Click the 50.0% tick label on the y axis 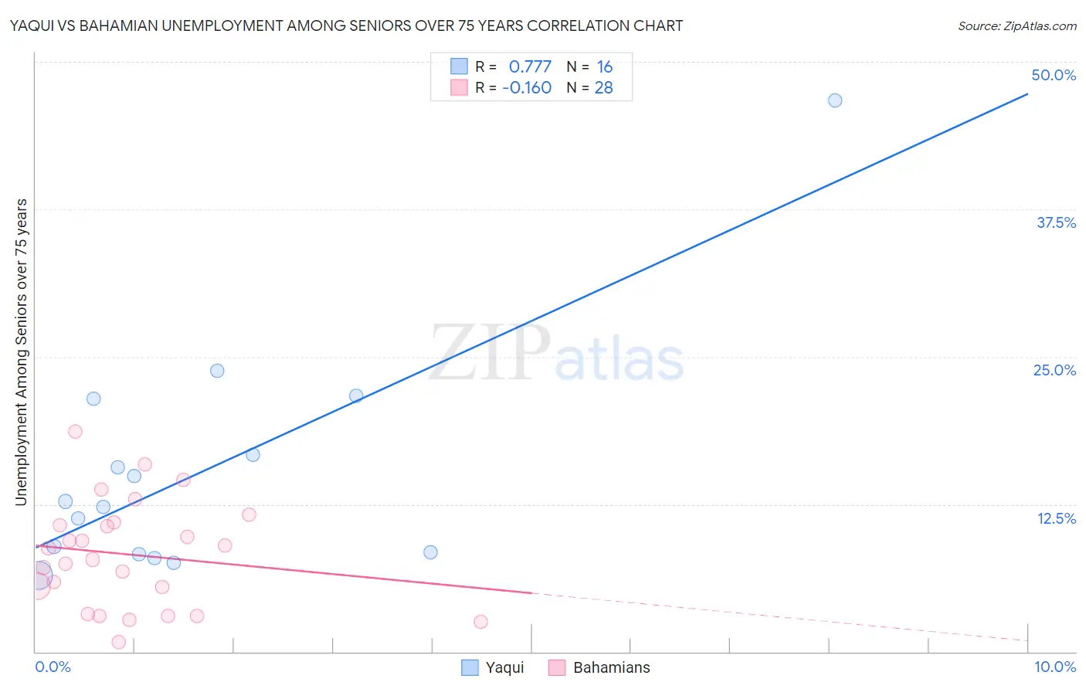1054,75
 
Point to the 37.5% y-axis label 1056,222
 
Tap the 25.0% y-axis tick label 1054,370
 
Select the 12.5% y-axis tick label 1056,518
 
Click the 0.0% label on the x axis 53,667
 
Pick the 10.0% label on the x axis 1054,667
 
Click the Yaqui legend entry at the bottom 493,667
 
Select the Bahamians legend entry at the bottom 599,667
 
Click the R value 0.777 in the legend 530,67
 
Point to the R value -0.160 527,88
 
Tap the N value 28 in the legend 603,88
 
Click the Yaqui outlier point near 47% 834,100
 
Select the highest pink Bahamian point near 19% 75,432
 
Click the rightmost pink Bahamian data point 480,622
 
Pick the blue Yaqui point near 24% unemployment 217,371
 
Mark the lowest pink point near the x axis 118,642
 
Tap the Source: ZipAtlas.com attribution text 1016,25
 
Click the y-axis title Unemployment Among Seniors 21,352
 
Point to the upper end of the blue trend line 1027,94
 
